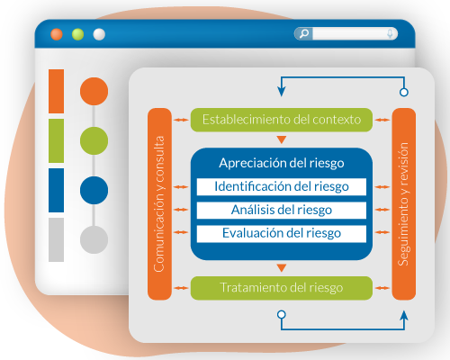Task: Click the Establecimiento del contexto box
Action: tap(281, 119)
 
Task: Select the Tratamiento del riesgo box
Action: tap(281, 288)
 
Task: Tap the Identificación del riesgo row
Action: tap(281, 187)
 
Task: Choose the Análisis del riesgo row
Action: tap(281, 211)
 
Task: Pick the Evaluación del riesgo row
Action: tap(281, 233)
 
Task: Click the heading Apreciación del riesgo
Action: tap(281, 164)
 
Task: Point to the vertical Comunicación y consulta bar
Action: tap(158, 203)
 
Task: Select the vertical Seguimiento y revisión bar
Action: tap(403, 203)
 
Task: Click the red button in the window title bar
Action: tap(57, 34)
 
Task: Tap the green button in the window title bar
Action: tap(78, 34)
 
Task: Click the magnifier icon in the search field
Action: tap(303, 34)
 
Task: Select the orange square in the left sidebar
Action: tap(56, 90)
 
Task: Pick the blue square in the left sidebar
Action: tap(56, 189)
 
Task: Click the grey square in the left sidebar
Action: tap(56, 239)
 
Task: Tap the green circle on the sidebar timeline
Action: tap(94, 140)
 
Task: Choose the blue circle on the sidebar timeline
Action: tap(94, 190)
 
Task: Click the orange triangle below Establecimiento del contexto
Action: tap(281, 139)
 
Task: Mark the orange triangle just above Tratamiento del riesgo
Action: tap(281, 267)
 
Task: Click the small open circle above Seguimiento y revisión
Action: tap(403, 93)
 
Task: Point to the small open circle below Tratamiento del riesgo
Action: tap(281, 314)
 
